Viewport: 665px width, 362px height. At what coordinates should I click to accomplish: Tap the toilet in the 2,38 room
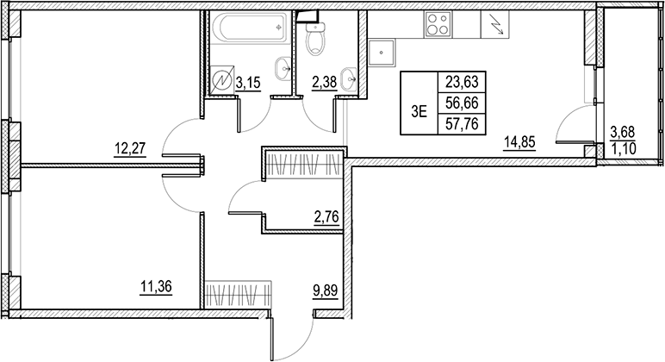click(316, 35)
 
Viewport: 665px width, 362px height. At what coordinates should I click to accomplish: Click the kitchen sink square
click(381, 53)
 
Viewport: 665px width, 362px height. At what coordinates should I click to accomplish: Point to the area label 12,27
click(129, 147)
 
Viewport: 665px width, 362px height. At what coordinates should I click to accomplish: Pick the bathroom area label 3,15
click(248, 83)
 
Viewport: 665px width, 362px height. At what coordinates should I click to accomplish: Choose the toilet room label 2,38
click(325, 83)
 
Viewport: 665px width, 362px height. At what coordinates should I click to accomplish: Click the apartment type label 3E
click(420, 109)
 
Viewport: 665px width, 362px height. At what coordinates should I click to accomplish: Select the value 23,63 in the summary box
click(462, 83)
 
